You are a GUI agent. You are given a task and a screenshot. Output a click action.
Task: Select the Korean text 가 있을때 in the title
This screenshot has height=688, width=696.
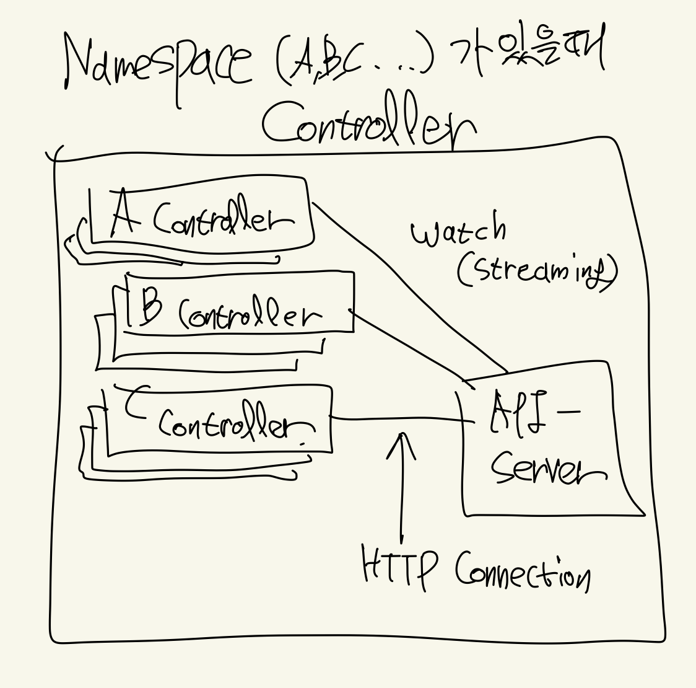[526, 53]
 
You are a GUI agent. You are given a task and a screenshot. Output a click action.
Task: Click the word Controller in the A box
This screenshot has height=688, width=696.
[222, 220]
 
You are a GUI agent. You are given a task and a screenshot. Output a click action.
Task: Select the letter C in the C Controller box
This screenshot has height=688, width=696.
[136, 403]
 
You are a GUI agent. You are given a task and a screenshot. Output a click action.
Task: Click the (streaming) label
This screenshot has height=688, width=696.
[537, 271]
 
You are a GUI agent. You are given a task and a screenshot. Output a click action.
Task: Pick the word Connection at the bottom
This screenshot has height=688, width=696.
[523, 570]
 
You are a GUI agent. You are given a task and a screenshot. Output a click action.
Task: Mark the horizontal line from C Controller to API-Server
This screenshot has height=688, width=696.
[396, 420]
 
